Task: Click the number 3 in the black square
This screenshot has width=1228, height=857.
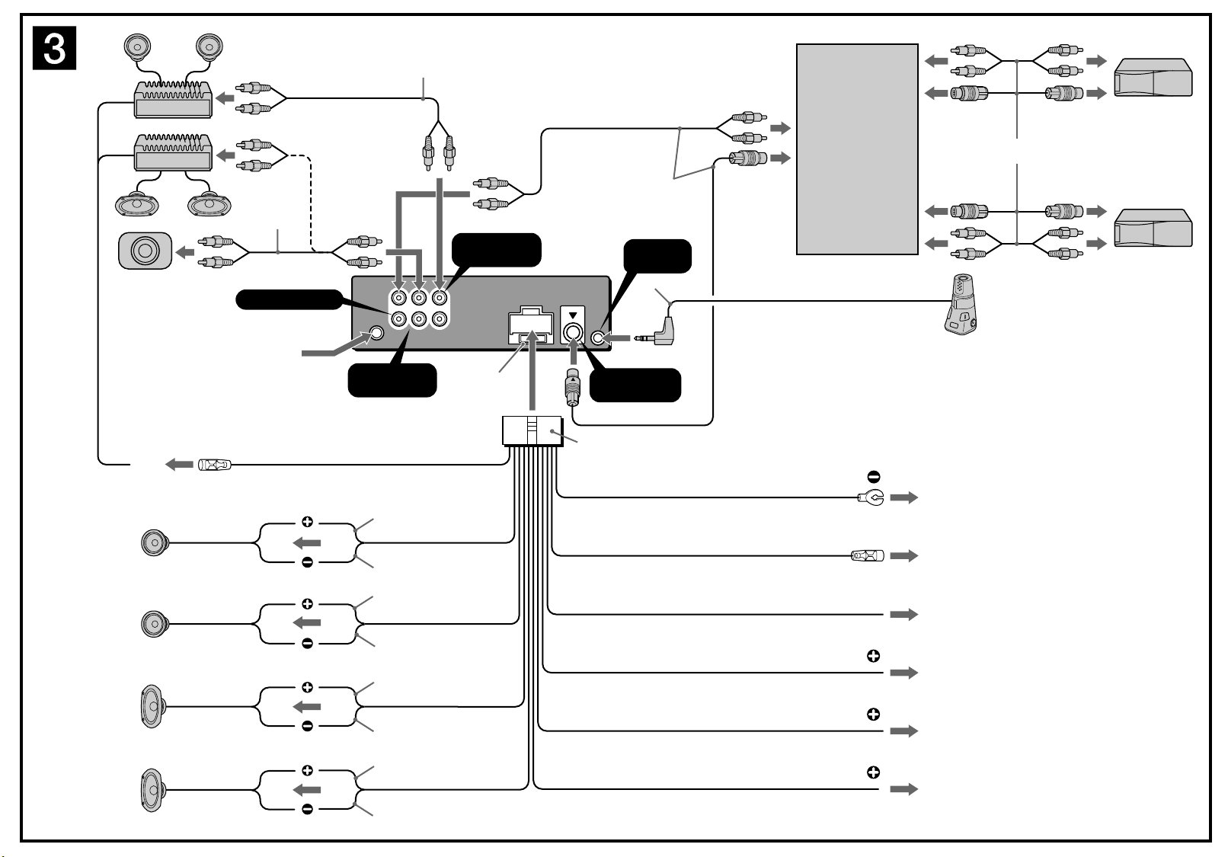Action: tap(55, 49)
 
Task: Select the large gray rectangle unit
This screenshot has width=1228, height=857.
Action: tap(857, 149)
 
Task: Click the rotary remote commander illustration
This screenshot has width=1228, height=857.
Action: tap(961, 304)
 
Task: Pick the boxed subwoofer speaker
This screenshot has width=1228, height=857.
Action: tap(145, 251)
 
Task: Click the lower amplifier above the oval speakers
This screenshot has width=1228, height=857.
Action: tap(173, 152)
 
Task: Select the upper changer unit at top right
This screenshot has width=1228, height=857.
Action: tap(1153, 78)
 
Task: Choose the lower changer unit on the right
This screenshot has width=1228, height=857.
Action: tap(1153, 228)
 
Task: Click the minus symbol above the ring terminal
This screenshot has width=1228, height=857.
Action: tap(874, 477)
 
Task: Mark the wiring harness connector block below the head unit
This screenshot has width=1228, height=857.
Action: tap(532, 431)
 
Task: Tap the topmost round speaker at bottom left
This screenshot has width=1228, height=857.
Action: tap(154, 542)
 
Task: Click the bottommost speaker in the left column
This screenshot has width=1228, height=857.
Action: tap(152, 790)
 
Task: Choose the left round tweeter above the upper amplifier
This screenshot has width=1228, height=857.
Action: tap(138, 47)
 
